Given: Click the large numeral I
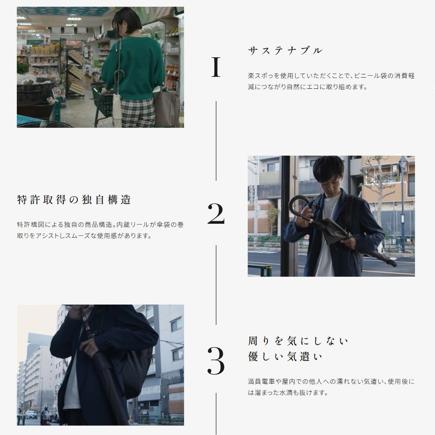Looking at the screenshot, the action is (x=216, y=67).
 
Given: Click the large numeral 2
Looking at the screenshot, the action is (x=216, y=213).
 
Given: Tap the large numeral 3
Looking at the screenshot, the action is (x=216, y=360).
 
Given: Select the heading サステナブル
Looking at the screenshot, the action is (x=285, y=50).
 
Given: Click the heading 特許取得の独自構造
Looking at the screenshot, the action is (x=74, y=199).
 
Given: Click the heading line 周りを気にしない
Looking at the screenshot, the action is (x=298, y=341).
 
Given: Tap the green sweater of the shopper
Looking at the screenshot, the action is (x=133, y=68).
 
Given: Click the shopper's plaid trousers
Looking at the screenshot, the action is (x=138, y=113).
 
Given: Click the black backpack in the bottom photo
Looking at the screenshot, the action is (x=137, y=370).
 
